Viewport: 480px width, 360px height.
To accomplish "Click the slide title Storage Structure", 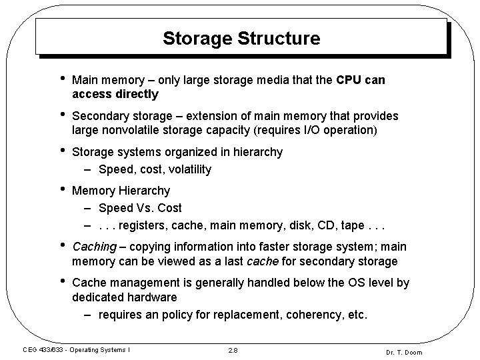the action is (241, 38).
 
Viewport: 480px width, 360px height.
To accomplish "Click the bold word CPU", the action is (349, 81).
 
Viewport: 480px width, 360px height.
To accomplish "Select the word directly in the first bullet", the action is (137, 94).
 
